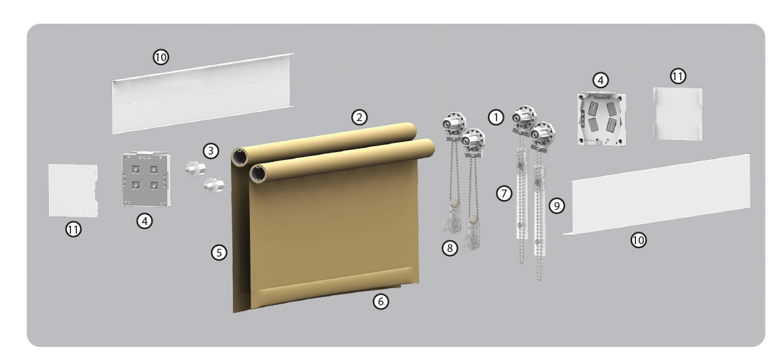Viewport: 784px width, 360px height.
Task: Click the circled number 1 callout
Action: pyautogui.click(x=495, y=118)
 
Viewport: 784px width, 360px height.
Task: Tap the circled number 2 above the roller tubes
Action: pyautogui.click(x=360, y=118)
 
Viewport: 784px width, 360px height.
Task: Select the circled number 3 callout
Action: pyautogui.click(x=211, y=151)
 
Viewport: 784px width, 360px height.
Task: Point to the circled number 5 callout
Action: pyautogui.click(x=219, y=253)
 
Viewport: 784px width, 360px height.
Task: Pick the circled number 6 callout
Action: pyautogui.click(x=381, y=301)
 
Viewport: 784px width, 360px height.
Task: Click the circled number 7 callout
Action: pyautogui.click(x=504, y=193)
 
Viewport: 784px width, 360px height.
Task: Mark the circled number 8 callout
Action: pyautogui.click(x=450, y=247)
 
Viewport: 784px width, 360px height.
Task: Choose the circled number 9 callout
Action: pyautogui.click(x=556, y=205)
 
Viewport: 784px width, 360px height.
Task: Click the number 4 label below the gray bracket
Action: pyautogui.click(x=145, y=220)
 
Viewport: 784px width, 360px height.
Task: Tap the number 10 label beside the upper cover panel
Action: pyautogui.click(x=160, y=57)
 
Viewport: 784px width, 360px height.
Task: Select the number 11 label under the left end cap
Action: pyautogui.click(x=74, y=230)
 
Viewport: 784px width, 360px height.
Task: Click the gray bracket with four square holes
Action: pyautogui.click(x=145, y=179)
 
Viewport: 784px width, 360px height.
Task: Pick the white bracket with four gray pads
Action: pyautogui.click(x=602, y=119)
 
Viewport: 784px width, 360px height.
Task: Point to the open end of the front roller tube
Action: pyautogui.click(x=258, y=174)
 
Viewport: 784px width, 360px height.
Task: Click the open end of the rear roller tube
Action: pyautogui.click(x=239, y=158)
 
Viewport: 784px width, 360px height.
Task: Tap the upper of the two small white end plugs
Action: pyautogui.click(x=195, y=168)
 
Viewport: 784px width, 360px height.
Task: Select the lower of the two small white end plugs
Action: pyautogui.click(x=214, y=186)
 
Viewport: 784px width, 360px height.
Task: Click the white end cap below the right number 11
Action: pyautogui.click(x=677, y=114)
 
